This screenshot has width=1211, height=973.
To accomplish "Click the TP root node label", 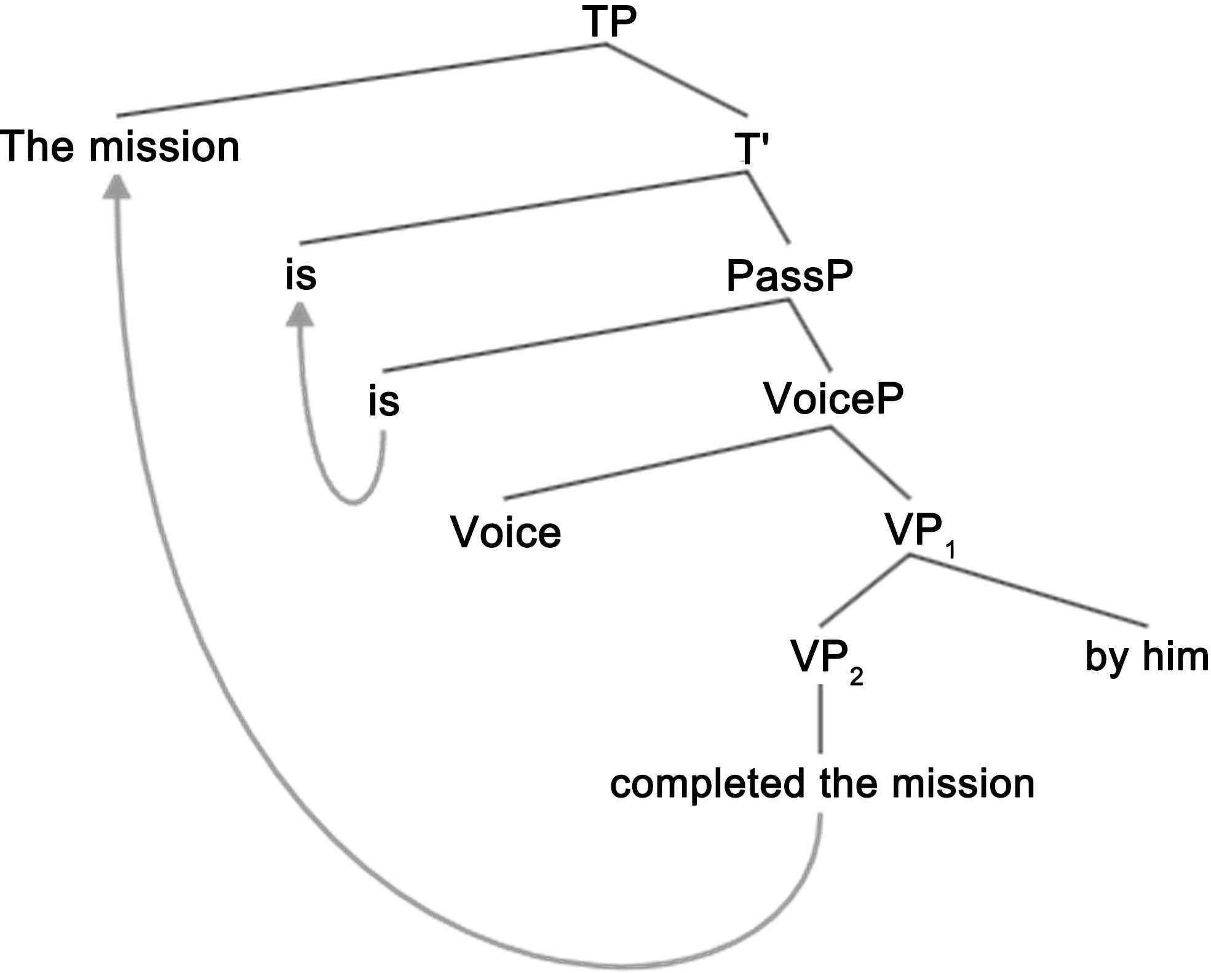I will tap(609, 23).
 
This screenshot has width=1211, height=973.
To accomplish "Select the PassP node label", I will tap(789, 276).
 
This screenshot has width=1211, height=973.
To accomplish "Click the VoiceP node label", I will tap(833, 399).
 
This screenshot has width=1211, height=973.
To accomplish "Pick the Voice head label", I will tap(506, 532).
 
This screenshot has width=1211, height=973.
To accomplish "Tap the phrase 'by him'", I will tap(1146, 658).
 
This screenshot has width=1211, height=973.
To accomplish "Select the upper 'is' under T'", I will tap(301, 275).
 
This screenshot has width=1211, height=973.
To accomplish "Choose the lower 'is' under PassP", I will tap(384, 402).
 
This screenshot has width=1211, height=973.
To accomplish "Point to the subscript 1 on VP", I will tap(950, 550).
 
